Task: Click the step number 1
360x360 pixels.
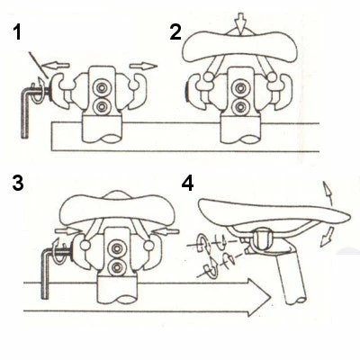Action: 17,32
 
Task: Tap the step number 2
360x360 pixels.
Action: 175,32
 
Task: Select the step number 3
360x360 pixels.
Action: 18,184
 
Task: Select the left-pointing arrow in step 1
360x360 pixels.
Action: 56,65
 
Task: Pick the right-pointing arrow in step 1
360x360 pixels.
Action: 143,66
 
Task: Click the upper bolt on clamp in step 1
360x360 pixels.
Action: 102,88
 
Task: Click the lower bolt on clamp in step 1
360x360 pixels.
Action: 102,105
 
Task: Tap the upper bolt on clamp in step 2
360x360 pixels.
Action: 240,88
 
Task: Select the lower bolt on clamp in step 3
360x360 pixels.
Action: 116,266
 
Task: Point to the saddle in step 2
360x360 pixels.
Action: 240,46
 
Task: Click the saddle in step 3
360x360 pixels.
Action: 118,207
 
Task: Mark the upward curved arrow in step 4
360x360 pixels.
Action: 328,193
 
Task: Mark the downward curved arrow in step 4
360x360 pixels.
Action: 328,237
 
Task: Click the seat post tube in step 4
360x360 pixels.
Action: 291,276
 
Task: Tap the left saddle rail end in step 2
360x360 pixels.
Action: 208,77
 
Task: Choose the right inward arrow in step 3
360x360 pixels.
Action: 166,231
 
